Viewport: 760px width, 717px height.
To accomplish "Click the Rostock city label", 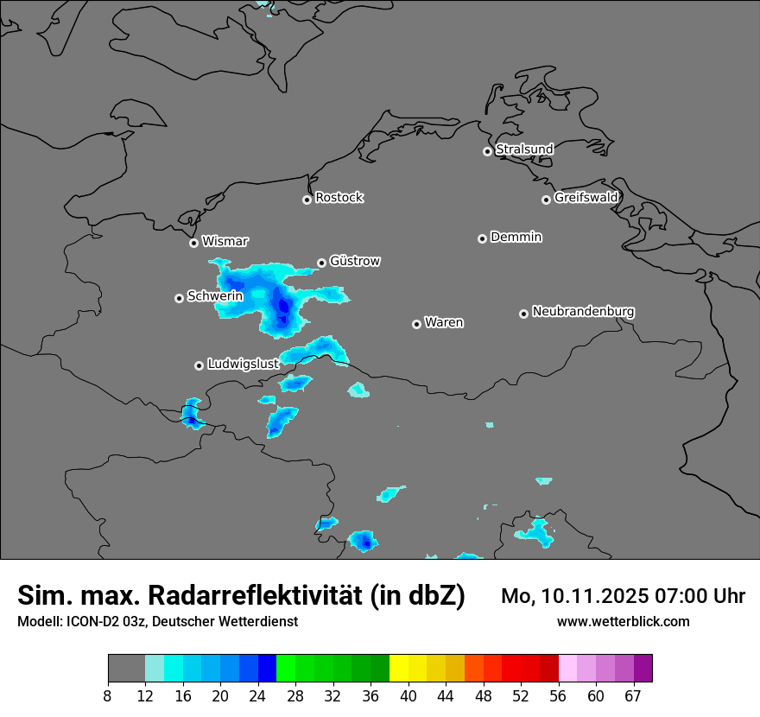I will [339, 198].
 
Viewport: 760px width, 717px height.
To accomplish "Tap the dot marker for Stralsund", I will [487, 151].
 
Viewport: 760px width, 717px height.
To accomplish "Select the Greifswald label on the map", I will [586, 198].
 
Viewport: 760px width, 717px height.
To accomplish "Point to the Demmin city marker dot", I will [482, 238].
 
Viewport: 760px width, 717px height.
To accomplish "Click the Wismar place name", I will [225, 241].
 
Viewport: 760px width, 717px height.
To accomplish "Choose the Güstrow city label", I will [354, 261].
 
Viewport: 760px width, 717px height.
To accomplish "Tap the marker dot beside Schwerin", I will [179, 298].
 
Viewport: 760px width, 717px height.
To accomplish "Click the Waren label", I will [444, 323].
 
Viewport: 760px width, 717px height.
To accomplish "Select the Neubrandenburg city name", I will [583, 312].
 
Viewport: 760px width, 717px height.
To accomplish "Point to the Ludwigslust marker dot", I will [199, 365].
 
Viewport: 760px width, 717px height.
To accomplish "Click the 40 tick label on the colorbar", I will [408, 696].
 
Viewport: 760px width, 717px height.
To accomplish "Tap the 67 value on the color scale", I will [634, 696].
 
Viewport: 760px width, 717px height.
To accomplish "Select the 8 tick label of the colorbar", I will [108, 696].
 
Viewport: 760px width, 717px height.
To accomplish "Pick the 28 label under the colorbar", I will [294, 696].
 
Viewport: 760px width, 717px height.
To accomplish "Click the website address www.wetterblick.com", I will [623, 622].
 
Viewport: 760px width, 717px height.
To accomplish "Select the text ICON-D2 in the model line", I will [90, 622].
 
